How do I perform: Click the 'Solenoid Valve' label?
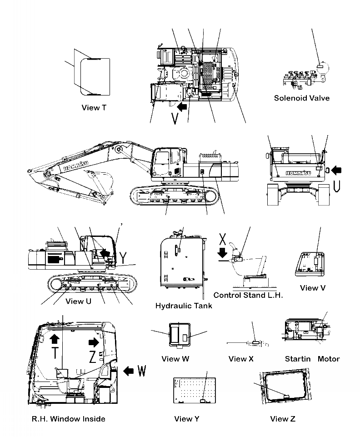click(x=301, y=98)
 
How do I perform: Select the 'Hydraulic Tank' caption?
click(x=184, y=306)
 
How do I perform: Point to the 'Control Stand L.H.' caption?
click(x=248, y=295)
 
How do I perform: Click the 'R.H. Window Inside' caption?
click(x=69, y=419)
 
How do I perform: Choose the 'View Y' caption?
click(x=186, y=419)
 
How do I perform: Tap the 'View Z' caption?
click(x=282, y=419)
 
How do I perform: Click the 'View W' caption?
click(x=175, y=359)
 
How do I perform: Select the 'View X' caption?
click(x=241, y=359)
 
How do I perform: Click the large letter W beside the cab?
click(x=142, y=371)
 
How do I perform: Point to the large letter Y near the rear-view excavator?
click(x=124, y=258)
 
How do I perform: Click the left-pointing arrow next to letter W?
click(x=129, y=371)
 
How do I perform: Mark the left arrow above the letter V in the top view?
click(x=182, y=107)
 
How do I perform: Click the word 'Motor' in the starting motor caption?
click(x=328, y=359)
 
